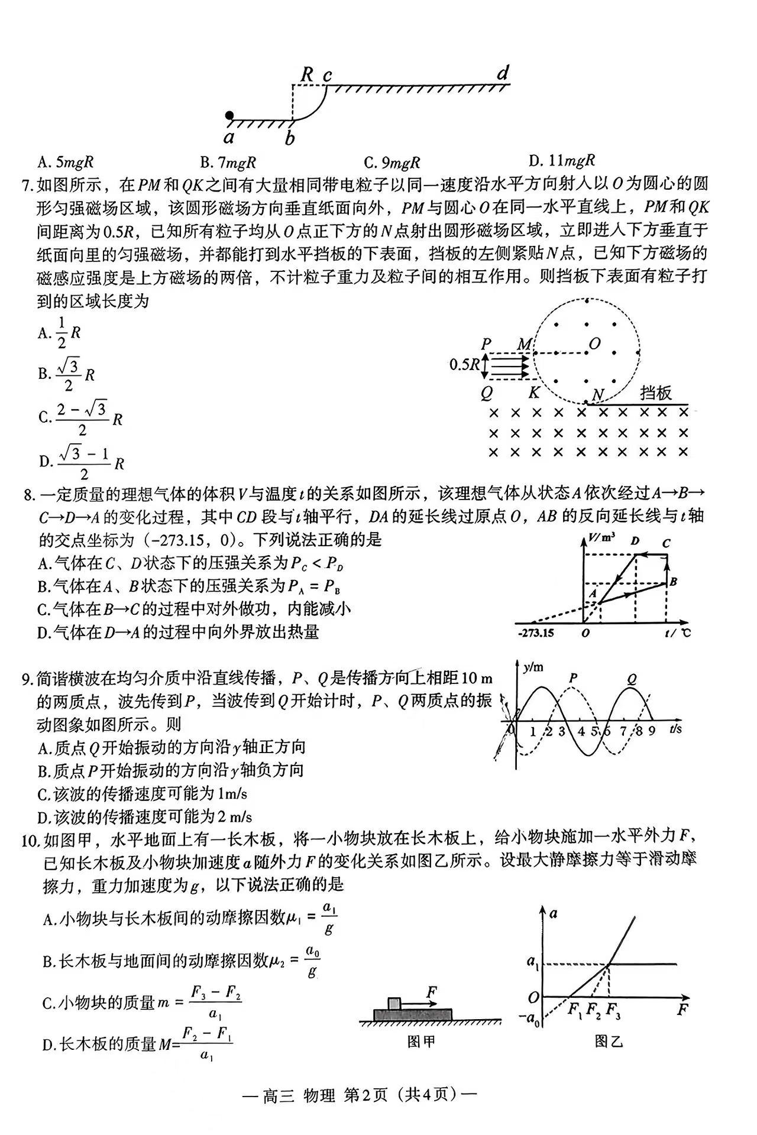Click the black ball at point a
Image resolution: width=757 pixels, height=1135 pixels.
point(229,115)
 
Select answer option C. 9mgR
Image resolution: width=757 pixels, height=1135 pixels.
point(392,163)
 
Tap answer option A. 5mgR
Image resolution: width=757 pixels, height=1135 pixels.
point(65,163)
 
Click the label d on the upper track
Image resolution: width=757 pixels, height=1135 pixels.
point(502,73)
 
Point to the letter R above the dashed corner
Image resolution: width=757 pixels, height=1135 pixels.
point(307,74)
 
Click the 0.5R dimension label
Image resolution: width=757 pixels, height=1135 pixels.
point(464,364)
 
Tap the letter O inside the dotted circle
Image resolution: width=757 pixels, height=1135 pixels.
point(594,343)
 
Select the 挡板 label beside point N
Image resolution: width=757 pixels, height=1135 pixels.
point(656,393)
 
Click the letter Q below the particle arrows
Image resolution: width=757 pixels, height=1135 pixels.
point(487,393)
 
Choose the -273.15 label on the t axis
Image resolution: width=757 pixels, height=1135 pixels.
point(536,633)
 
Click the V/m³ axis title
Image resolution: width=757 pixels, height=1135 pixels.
point(603,537)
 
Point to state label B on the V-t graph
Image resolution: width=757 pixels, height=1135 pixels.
point(673,582)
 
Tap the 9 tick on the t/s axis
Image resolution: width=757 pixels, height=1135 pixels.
point(651,731)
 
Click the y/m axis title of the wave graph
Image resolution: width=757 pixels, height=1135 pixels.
point(533,667)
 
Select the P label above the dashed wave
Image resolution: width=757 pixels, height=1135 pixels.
point(572,678)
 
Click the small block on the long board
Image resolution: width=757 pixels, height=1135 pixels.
point(394,1003)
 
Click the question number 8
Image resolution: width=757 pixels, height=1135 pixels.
point(29,494)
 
